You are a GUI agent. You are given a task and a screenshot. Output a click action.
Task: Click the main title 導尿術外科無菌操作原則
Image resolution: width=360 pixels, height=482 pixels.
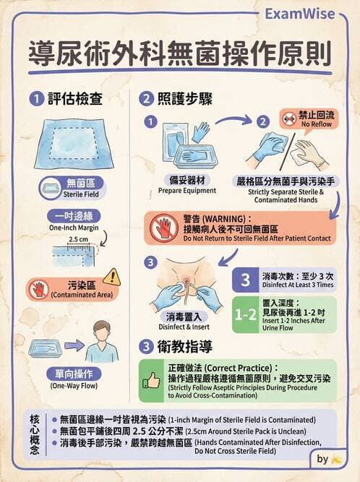tap(180, 53)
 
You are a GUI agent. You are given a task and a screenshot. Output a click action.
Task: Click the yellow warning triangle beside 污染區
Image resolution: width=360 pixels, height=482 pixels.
tap(111, 276)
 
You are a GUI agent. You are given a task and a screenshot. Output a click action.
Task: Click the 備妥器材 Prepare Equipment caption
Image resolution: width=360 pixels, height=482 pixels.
tap(187, 185)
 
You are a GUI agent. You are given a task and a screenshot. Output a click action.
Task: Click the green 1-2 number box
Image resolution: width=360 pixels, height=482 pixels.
tap(245, 314)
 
